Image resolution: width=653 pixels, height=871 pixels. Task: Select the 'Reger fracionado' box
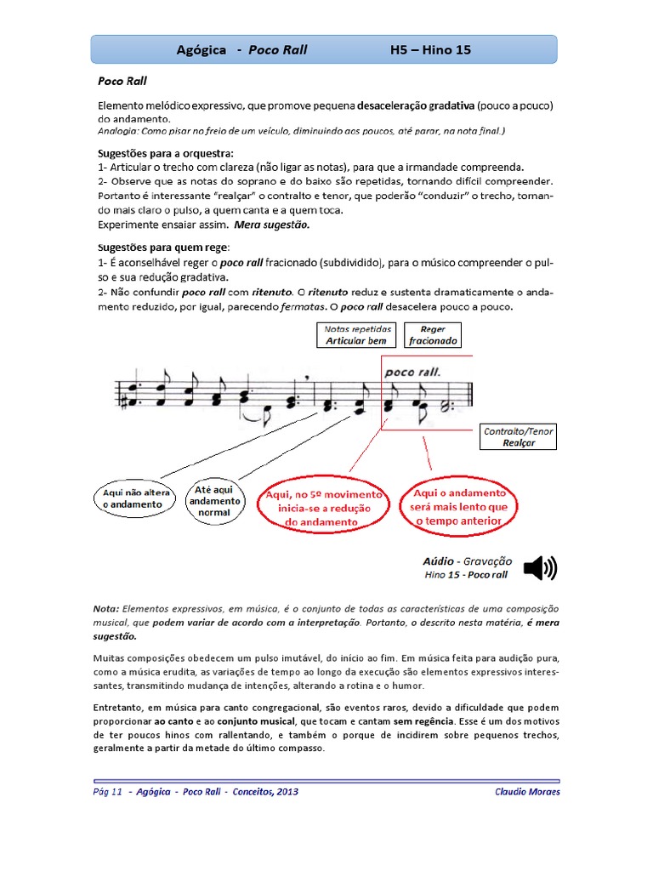(x=433, y=334)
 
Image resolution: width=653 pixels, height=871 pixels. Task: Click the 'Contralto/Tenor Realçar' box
(x=518, y=437)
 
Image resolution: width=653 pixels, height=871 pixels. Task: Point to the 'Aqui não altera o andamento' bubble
(x=132, y=498)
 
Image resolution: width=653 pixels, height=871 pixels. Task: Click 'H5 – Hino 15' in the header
(x=430, y=50)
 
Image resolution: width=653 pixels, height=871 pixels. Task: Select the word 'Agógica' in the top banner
(x=201, y=50)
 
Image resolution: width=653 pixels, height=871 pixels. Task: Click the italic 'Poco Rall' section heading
(x=122, y=83)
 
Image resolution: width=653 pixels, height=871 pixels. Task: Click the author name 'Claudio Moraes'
(x=527, y=791)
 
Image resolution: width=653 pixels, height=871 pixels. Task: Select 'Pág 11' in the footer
(x=108, y=791)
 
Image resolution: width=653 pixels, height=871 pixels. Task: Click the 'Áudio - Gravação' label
(x=467, y=561)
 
